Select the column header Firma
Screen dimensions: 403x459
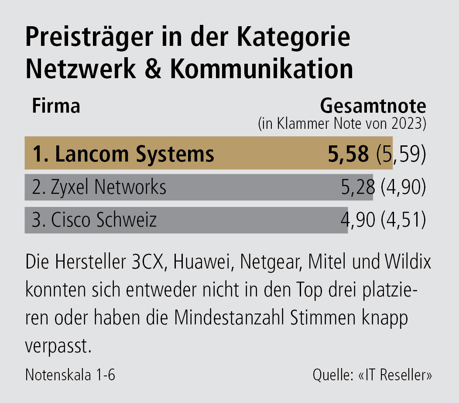56,106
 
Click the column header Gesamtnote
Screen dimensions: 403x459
373,106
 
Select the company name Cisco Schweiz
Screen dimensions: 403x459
104,220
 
